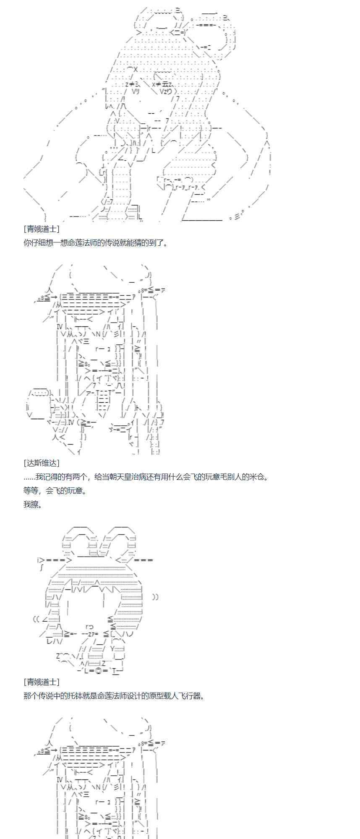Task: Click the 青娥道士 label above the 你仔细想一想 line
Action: click(42, 229)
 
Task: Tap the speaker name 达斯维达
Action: click(42, 463)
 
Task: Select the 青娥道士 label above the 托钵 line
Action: click(42, 682)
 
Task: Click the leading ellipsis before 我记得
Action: click(29, 477)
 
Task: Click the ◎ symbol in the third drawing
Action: click(98, 670)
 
